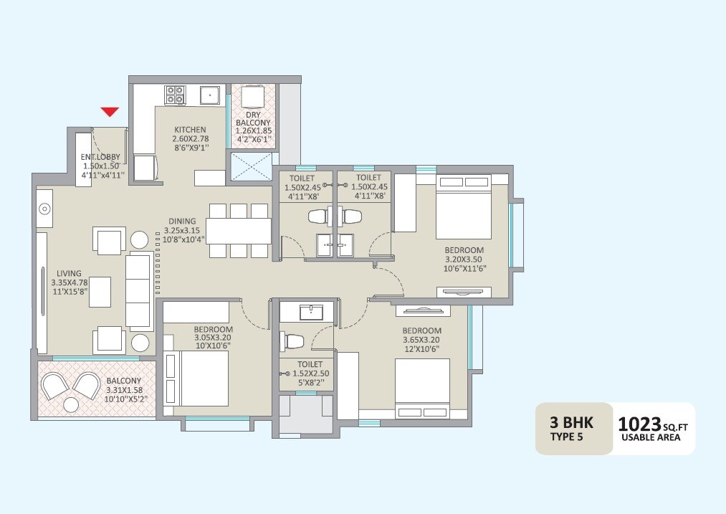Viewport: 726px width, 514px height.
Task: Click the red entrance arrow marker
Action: (x=109, y=111)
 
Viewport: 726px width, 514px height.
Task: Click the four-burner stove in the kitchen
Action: (x=175, y=95)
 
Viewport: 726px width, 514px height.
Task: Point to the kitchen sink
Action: (x=209, y=95)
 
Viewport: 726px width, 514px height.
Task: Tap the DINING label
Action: (x=182, y=222)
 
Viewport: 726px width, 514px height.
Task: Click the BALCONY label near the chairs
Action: (x=123, y=381)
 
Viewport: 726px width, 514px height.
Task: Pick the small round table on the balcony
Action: (x=71, y=405)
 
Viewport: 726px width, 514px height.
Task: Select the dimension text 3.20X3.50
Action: (x=464, y=259)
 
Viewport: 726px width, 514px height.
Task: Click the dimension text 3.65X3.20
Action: (x=421, y=340)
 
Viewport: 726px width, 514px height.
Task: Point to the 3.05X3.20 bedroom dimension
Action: (x=213, y=338)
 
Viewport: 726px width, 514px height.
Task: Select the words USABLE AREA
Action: (x=651, y=438)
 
